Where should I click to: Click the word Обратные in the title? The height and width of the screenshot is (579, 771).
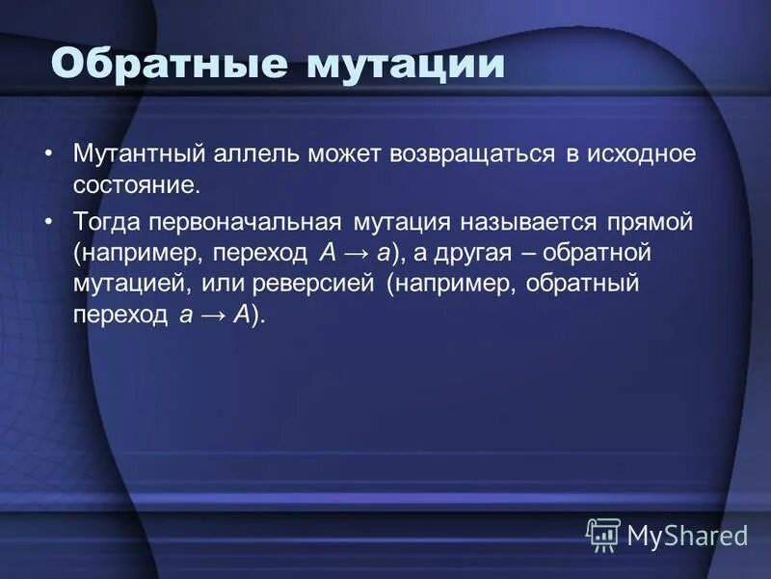coord(169,65)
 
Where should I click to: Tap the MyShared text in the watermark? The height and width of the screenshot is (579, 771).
coord(687,534)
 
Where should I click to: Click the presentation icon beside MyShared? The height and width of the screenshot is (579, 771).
coord(603,534)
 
